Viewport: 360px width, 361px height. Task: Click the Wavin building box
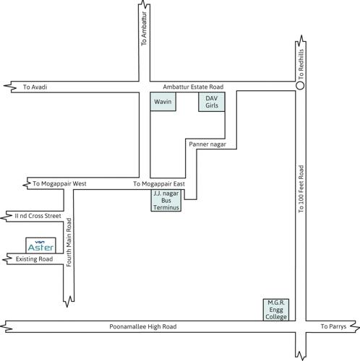click(x=161, y=102)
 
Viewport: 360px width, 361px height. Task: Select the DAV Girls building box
click(x=211, y=102)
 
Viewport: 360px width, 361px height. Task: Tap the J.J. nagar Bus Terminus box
click(x=166, y=200)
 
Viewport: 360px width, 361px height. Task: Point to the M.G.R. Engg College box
click(x=275, y=310)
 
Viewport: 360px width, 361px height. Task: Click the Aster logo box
click(x=40, y=245)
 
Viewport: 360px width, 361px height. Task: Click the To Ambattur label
click(x=144, y=33)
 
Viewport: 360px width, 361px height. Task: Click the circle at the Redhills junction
click(x=300, y=86)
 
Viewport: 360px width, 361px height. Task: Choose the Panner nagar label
click(x=207, y=144)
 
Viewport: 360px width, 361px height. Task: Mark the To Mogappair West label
click(x=59, y=184)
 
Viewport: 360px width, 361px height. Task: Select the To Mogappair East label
click(x=159, y=184)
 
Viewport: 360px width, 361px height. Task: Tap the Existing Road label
click(x=35, y=258)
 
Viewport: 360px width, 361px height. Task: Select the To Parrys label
click(x=334, y=327)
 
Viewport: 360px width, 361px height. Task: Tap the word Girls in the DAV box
click(x=211, y=106)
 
